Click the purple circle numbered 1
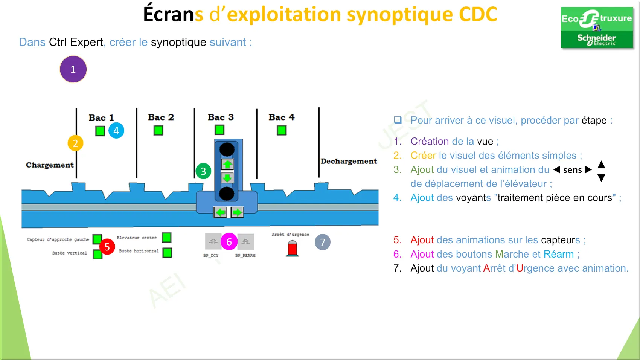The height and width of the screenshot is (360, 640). (73, 69)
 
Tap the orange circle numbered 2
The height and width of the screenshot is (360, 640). (75, 143)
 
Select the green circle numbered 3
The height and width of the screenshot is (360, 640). (203, 171)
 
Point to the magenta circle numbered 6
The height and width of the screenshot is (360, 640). (229, 242)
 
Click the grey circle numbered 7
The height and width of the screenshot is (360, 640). (323, 242)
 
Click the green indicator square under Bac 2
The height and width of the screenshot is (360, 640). (158, 131)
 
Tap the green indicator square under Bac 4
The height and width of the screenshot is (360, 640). (282, 130)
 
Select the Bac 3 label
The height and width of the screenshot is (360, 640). (221, 117)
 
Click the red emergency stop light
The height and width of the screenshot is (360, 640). (292, 248)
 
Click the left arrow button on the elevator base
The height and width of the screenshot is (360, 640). (220, 212)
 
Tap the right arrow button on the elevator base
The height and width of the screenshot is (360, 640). (237, 212)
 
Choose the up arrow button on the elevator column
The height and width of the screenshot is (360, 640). (227, 164)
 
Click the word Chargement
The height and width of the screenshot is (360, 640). (50, 165)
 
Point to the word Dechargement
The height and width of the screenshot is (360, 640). (349, 161)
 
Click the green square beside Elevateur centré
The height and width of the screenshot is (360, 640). (166, 238)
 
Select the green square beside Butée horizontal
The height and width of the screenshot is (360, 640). (167, 253)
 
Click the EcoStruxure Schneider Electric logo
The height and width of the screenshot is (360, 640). (597, 27)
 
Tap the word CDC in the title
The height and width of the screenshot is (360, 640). (478, 14)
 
